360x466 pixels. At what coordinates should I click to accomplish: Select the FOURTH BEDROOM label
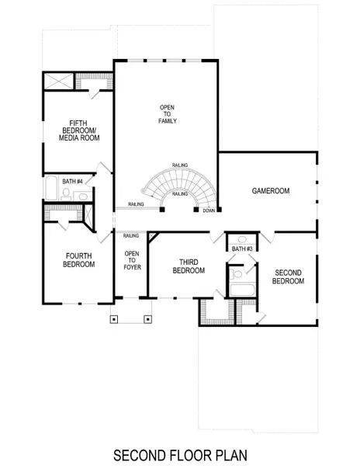[x=78, y=260]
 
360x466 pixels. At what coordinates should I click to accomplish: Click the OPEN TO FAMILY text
[x=168, y=114]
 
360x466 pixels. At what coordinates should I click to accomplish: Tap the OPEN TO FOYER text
[x=132, y=260]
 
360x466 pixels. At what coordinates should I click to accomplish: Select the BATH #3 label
[x=240, y=249]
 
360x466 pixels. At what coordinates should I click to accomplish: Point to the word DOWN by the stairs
[x=209, y=210]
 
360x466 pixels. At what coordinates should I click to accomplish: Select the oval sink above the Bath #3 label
[x=240, y=239]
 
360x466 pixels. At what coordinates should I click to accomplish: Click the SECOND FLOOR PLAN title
[x=179, y=454]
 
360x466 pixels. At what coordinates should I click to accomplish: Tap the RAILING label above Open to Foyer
[x=131, y=235]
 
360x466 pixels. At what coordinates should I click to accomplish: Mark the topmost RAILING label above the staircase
[x=179, y=165]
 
